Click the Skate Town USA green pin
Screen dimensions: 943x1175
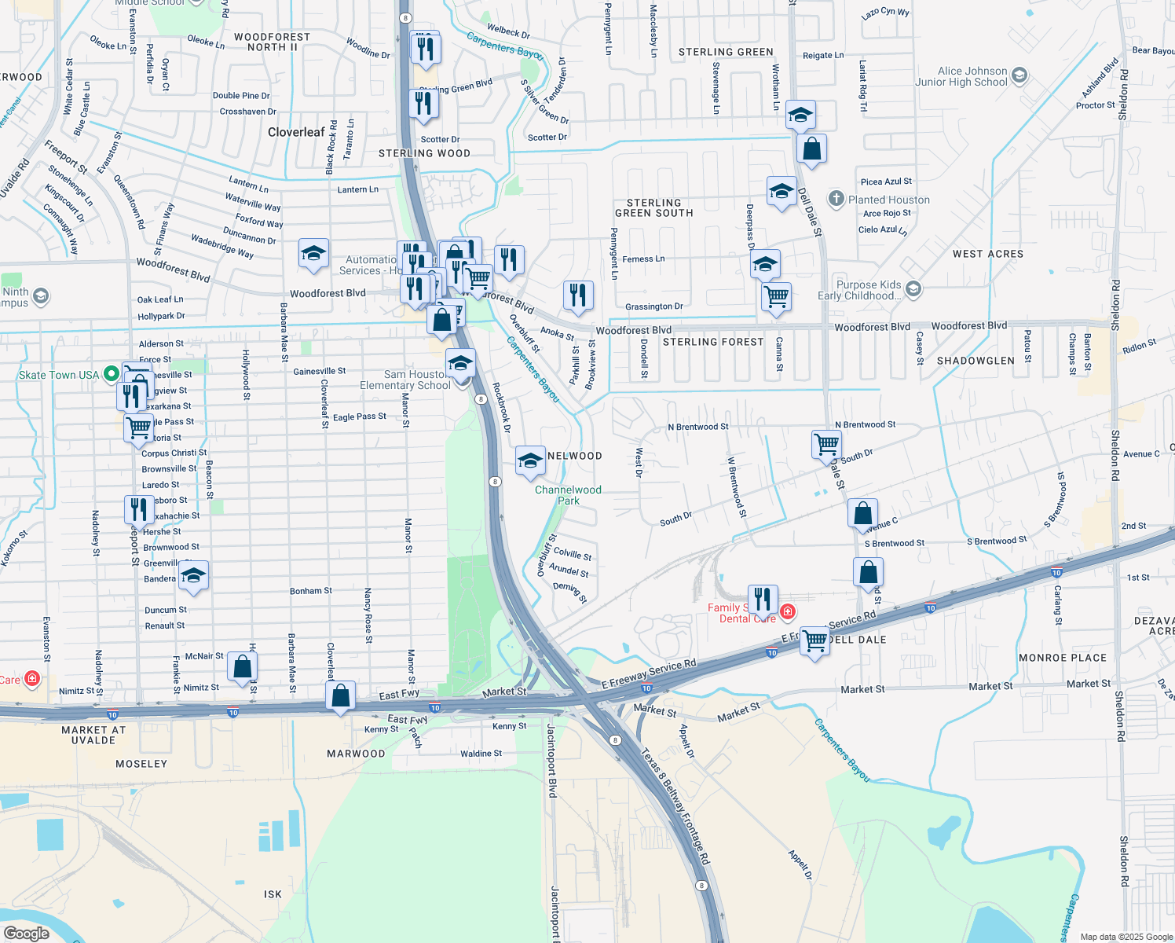[111, 374]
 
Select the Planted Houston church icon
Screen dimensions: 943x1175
[836, 199]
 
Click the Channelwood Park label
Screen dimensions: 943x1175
[568, 495]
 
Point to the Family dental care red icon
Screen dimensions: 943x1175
[787, 611]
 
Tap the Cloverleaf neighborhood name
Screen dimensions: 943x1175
[296, 132]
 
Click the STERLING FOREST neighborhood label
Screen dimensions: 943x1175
[713, 342]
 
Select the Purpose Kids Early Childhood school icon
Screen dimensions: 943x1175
[913, 289]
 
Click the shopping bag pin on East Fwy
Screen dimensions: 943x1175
[341, 696]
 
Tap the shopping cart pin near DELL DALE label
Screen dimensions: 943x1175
[815, 642]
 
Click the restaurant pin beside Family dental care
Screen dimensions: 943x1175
[763, 600]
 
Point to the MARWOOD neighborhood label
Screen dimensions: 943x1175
[356, 754]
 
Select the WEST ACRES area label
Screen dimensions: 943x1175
[987, 254]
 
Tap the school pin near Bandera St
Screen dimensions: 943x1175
[193, 576]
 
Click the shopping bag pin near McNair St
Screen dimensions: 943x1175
[243, 667]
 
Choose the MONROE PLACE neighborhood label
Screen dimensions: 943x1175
[1062, 658]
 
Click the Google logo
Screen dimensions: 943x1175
[26, 934]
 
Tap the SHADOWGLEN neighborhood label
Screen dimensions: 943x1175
[976, 361]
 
